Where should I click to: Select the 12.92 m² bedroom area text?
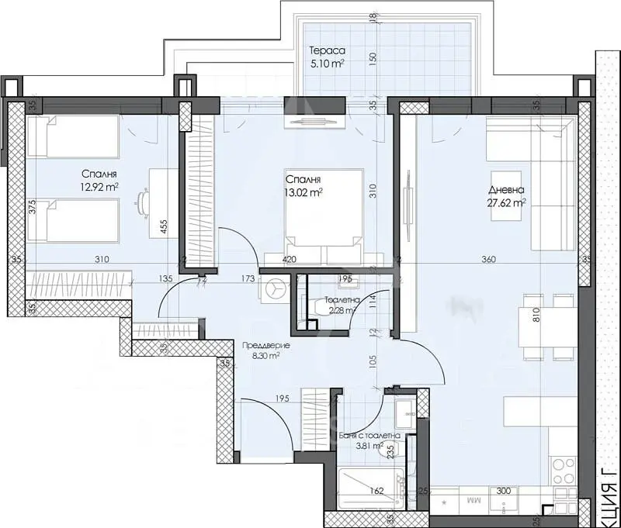point(99,187)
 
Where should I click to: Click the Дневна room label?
point(505,190)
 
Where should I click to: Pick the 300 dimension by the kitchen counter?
point(504,492)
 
